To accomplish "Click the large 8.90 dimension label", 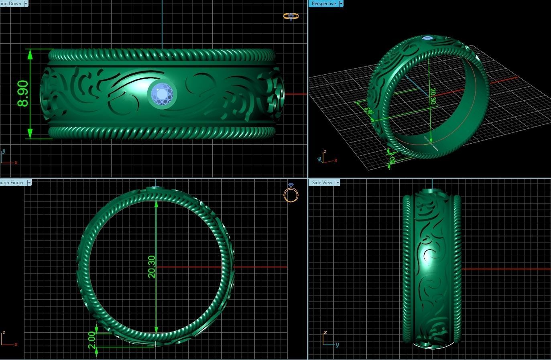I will [23, 94].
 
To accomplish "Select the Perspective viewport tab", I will [323, 4].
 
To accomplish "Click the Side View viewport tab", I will [322, 183].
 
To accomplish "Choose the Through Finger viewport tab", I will [12, 183].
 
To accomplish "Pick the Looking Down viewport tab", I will [11, 4].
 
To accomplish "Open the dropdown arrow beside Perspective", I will [341, 4].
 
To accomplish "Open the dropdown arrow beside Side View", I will [338, 183].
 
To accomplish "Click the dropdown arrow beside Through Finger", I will [29, 183].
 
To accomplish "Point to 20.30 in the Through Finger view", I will [152, 266].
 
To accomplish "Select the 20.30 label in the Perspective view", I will [432, 96].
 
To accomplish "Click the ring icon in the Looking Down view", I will [291, 16].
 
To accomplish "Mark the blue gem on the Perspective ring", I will [428, 39].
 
